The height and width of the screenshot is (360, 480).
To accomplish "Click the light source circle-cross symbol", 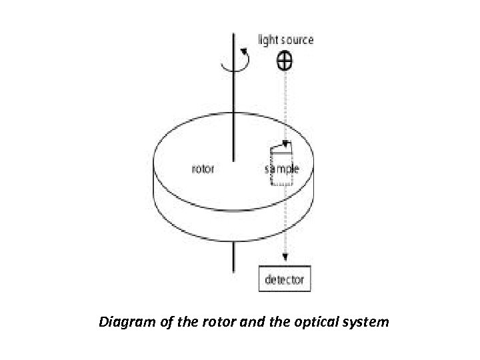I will [285, 61].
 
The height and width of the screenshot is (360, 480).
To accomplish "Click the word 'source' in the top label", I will [295, 40].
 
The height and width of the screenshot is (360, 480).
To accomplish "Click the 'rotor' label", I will [203, 169].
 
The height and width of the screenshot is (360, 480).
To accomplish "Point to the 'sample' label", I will [282, 169].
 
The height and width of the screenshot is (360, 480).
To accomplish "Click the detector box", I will [285, 279].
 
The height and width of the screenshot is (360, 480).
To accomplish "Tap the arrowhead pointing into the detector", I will [285, 259].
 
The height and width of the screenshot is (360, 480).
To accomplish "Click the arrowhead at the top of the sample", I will [285, 143].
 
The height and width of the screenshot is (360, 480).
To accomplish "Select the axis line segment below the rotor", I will [233, 257].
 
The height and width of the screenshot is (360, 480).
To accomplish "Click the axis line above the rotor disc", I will [233, 87].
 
